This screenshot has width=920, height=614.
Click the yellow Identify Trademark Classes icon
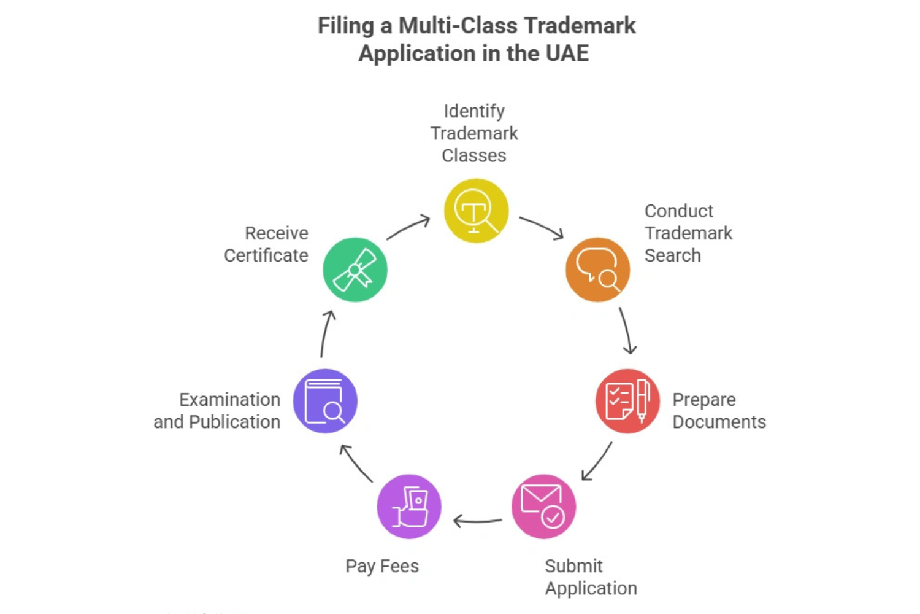pos(476,211)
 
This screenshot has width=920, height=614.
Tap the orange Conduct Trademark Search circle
pos(597,270)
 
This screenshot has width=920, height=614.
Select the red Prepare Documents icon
pos(627,401)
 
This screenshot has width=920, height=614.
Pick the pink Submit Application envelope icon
pos(543,507)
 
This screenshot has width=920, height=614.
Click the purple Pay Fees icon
pos(409,507)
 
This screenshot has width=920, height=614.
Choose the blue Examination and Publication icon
pos(325,401)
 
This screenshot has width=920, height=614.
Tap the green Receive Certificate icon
pos(355,270)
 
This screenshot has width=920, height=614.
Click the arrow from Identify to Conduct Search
pos(541,227)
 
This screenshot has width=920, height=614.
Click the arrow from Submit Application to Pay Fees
pos(477,521)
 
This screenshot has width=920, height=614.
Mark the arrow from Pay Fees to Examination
pos(356,463)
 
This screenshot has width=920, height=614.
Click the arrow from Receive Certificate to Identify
pos(408,227)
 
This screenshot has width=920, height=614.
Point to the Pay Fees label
pos(382,566)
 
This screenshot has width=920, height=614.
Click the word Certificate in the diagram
pos(266,255)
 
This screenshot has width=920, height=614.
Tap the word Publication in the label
pos(234,422)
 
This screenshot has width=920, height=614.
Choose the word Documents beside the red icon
pos(719,422)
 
